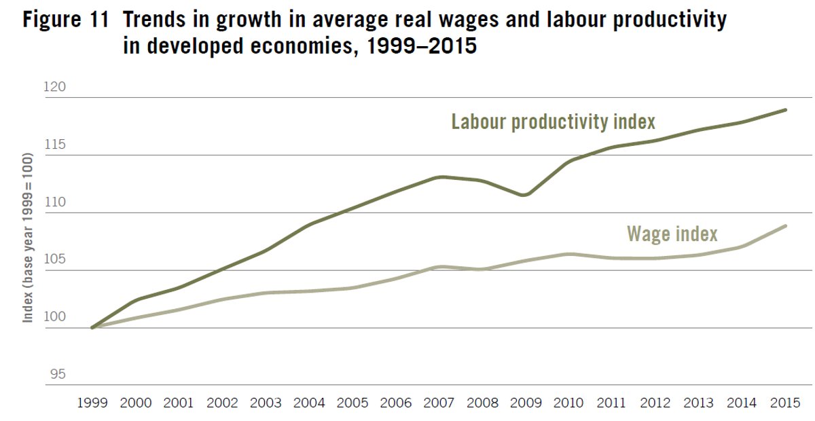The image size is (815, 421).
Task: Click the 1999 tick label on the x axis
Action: tap(92, 403)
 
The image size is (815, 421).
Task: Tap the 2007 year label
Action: tap(439, 403)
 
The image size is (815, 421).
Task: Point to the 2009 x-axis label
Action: tap(526, 403)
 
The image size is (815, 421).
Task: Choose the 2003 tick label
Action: tap(266, 403)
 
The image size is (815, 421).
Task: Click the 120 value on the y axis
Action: tap(55, 87)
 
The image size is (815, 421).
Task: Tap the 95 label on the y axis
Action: tap(58, 375)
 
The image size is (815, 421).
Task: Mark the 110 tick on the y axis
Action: tap(55, 202)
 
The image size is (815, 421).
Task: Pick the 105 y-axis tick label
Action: tap(55, 260)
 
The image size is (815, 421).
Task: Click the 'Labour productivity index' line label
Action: tap(553, 122)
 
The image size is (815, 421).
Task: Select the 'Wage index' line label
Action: tap(672, 234)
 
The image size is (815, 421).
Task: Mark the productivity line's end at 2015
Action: tap(786, 109)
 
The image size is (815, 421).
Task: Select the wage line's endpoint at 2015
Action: tap(786, 225)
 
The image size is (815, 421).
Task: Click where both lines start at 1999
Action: tap(92, 327)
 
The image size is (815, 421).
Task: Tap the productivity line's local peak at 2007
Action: tap(441, 177)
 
